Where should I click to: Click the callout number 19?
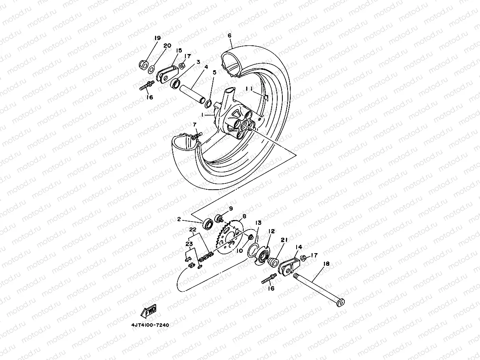click(x=157, y=38)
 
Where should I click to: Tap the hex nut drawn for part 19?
click(x=144, y=63)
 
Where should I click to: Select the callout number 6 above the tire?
click(x=230, y=35)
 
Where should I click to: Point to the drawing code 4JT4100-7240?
click(x=150, y=325)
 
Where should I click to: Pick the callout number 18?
click(x=327, y=264)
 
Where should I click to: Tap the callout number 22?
click(x=192, y=230)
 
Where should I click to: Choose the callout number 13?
click(x=258, y=223)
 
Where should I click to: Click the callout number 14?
click(x=299, y=247)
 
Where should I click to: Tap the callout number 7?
click(x=194, y=125)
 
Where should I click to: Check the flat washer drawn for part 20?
click(x=162, y=70)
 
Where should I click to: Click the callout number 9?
click(x=231, y=209)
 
